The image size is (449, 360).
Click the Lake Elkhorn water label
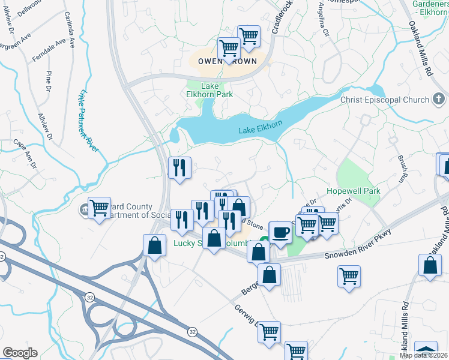tap(261, 130)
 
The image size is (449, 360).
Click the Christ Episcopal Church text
tap(384, 100)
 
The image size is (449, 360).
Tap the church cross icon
tap(439, 99)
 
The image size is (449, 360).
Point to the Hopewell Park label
tap(354, 191)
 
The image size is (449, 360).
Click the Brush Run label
tap(400, 170)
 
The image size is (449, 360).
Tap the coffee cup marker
tap(280, 232)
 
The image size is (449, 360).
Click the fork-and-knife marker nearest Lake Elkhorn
tap(180, 168)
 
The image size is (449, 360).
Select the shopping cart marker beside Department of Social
tap(99, 209)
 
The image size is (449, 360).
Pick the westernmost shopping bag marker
tap(155, 246)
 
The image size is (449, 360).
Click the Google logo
tap(20, 353)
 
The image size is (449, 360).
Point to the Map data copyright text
tap(424, 355)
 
